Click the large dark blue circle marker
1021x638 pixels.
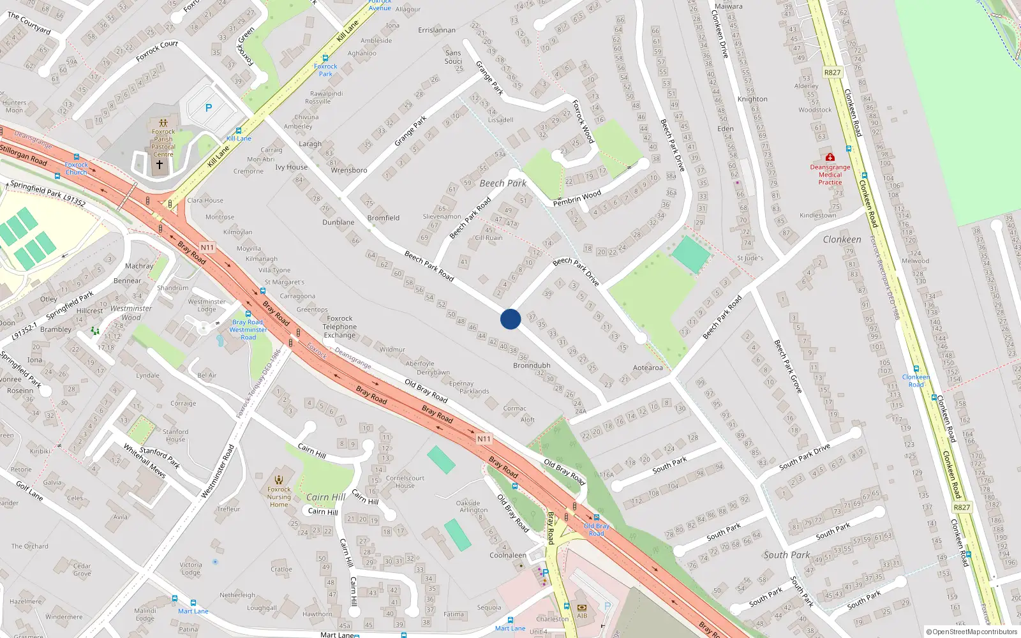pyautogui.click(x=511, y=319)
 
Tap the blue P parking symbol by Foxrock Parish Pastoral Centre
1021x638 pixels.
pyautogui.click(x=208, y=108)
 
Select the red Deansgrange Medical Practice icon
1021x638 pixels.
pyautogui.click(x=830, y=157)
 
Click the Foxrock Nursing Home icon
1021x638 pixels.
pyautogui.click(x=279, y=480)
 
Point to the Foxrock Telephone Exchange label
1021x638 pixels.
pyautogui.click(x=339, y=327)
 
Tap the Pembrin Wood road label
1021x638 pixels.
pyautogui.click(x=577, y=198)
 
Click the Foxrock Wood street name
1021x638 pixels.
pyautogui.click(x=583, y=121)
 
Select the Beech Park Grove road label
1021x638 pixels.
pyautogui.click(x=788, y=366)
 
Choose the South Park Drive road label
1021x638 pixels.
pyautogui.click(x=805, y=457)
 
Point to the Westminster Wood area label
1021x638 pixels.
pyautogui.click(x=131, y=313)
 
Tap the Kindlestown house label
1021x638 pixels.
pyautogui.click(x=817, y=216)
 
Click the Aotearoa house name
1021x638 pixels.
pyautogui.click(x=648, y=367)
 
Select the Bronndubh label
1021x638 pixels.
pyautogui.click(x=532, y=366)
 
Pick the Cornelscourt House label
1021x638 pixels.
pyautogui.click(x=405, y=482)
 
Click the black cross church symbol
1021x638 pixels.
pyautogui.click(x=160, y=165)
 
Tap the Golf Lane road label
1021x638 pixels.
pyautogui.click(x=29, y=491)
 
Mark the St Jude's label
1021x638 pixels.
pyautogui.click(x=750, y=258)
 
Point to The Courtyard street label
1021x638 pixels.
pyautogui.click(x=29, y=23)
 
